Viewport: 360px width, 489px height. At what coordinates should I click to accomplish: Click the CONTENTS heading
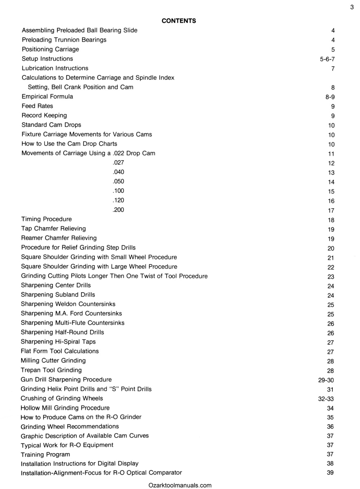179,21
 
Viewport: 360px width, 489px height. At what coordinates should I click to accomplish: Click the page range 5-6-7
327,59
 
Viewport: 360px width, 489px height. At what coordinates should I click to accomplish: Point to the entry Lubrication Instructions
55,68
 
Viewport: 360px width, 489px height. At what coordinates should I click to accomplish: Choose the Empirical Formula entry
47,97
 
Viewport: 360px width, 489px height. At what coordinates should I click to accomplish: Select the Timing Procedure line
46,219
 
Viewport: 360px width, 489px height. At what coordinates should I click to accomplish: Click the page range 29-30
327,380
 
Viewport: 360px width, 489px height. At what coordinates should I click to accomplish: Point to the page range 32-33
326,399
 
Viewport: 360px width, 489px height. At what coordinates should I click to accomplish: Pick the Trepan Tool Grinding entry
51,370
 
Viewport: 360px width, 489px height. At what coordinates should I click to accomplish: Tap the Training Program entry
45,454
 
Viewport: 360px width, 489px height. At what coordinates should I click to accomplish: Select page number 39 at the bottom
330,473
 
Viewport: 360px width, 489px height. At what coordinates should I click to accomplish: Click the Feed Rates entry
37,106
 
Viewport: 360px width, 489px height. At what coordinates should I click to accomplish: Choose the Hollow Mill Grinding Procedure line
65,408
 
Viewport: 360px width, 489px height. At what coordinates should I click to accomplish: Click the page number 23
330,277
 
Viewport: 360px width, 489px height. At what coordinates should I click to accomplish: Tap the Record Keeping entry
44,115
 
